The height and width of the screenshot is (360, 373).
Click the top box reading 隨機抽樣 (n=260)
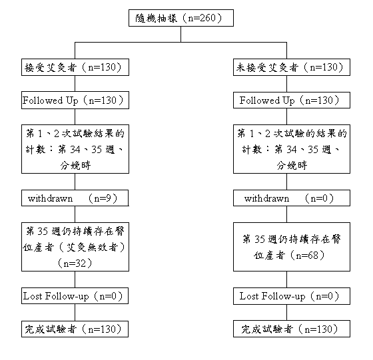[x=181, y=18]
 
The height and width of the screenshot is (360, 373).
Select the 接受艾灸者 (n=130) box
[x=75, y=67]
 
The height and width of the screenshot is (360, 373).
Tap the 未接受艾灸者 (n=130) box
[x=292, y=67]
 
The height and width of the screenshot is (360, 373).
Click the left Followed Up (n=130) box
[x=75, y=100]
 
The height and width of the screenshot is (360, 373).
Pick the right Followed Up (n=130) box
[x=292, y=100]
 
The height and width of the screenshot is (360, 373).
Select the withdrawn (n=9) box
[x=75, y=198]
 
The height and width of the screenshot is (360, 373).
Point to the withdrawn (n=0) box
[x=292, y=198]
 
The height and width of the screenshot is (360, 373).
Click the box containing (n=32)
[x=75, y=247]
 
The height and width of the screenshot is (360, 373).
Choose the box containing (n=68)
[x=292, y=247]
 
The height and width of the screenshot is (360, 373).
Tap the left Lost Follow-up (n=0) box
[x=75, y=296]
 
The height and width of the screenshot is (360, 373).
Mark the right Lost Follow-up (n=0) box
[x=292, y=296]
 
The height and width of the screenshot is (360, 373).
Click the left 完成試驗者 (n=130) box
[x=75, y=329]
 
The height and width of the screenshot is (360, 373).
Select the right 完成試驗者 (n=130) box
[x=292, y=329]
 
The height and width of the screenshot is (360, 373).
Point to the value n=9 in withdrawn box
[x=103, y=198]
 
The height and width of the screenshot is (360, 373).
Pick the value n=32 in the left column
[x=75, y=264]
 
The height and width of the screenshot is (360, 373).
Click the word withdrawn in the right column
[x=266, y=198]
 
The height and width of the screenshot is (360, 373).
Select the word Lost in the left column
[x=33, y=296]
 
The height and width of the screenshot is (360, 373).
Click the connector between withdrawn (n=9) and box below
[x=75, y=214]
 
